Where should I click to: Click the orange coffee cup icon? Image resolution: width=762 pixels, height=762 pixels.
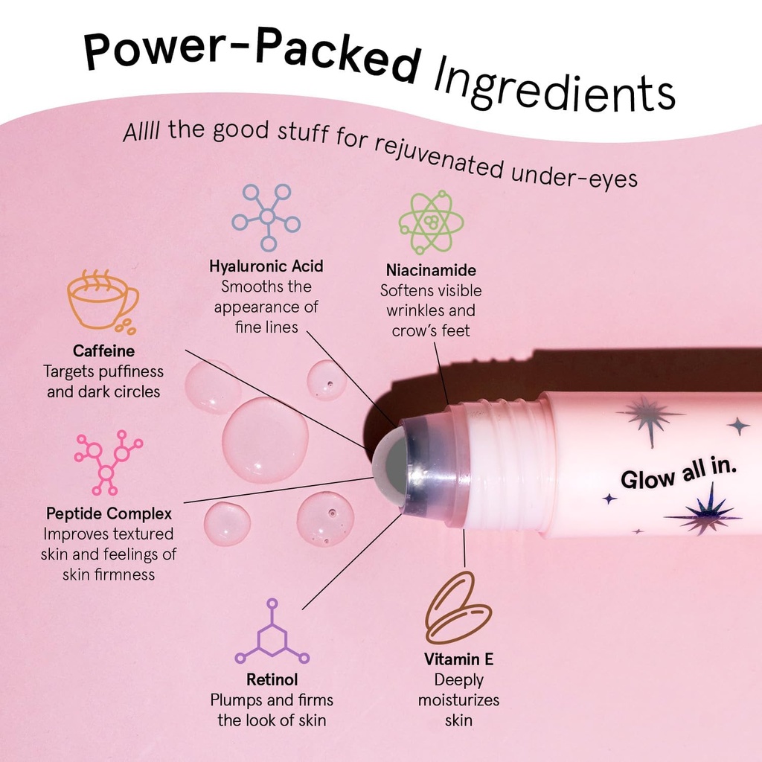[101, 302]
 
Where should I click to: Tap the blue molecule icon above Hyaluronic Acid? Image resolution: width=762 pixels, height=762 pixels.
[266, 217]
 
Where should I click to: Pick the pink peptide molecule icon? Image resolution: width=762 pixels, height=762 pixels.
[107, 463]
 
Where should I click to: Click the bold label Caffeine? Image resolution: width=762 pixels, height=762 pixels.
[103, 350]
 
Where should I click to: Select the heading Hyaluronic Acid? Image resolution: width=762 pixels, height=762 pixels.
[266, 266]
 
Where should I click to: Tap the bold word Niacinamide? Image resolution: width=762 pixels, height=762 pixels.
[431, 270]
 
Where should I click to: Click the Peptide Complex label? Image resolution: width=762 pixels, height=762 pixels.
[109, 513]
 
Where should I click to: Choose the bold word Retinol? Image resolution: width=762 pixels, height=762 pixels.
[272, 679]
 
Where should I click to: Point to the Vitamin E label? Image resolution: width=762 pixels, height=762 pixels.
[458, 659]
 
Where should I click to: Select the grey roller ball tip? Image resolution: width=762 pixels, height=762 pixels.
[390, 467]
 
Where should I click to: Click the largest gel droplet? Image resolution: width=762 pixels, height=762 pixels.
[265, 440]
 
